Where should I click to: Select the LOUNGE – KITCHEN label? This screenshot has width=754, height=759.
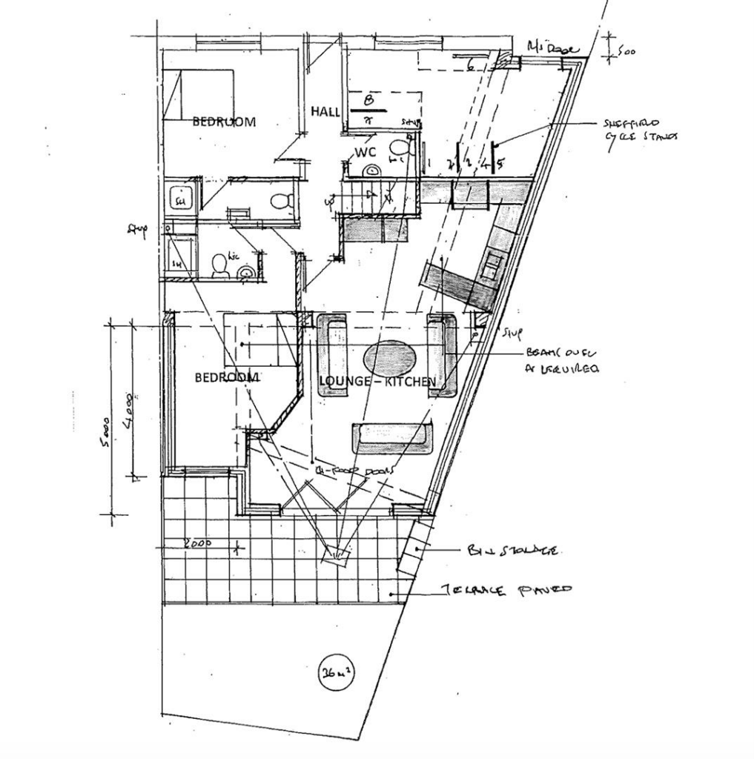[x=377, y=381]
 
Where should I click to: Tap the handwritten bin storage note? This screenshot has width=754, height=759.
[x=512, y=551]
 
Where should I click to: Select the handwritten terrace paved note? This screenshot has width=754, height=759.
[x=507, y=591]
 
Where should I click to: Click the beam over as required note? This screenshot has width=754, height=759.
[x=563, y=360]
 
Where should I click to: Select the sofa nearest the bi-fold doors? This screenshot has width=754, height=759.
[x=392, y=437]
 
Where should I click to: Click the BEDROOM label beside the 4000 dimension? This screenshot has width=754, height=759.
[x=227, y=377]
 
